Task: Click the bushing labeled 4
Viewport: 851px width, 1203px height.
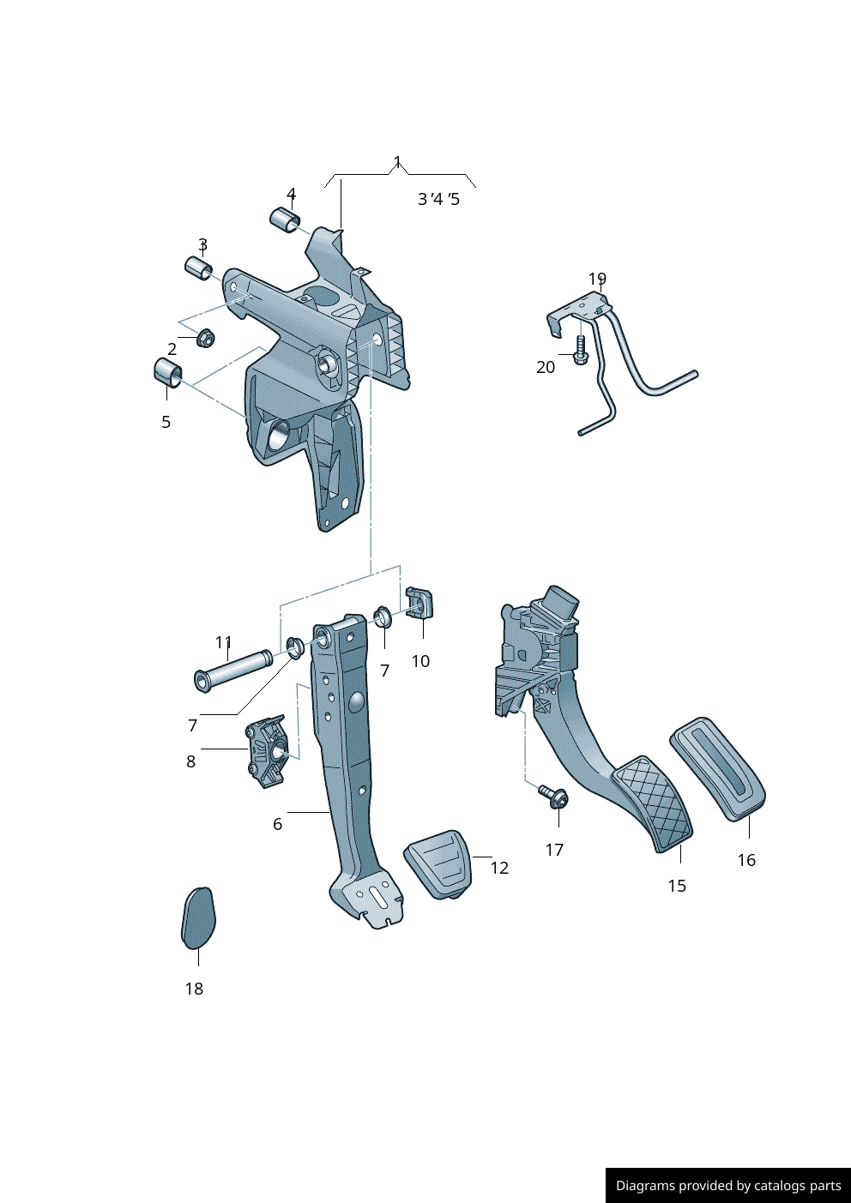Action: pyautogui.click(x=287, y=220)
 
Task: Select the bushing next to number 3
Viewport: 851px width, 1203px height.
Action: pyautogui.click(x=198, y=268)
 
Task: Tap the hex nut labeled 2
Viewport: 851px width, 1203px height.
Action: pyautogui.click(x=205, y=338)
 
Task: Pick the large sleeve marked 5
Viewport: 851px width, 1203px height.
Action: pyautogui.click(x=167, y=373)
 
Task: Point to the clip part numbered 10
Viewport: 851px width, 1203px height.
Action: pyautogui.click(x=419, y=604)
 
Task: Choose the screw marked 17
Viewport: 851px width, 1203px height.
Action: pyautogui.click(x=554, y=797)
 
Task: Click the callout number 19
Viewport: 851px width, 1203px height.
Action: pyautogui.click(x=597, y=279)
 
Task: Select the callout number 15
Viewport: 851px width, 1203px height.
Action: pyautogui.click(x=677, y=886)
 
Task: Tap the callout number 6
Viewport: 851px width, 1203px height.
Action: pyautogui.click(x=277, y=824)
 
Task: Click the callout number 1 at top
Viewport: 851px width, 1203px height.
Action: pyautogui.click(x=397, y=161)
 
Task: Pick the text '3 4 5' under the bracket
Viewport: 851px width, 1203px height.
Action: pyautogui.click(x=438, y=199)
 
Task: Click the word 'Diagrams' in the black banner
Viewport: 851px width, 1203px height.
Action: pyautogui.click(x=644, y=1186)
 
